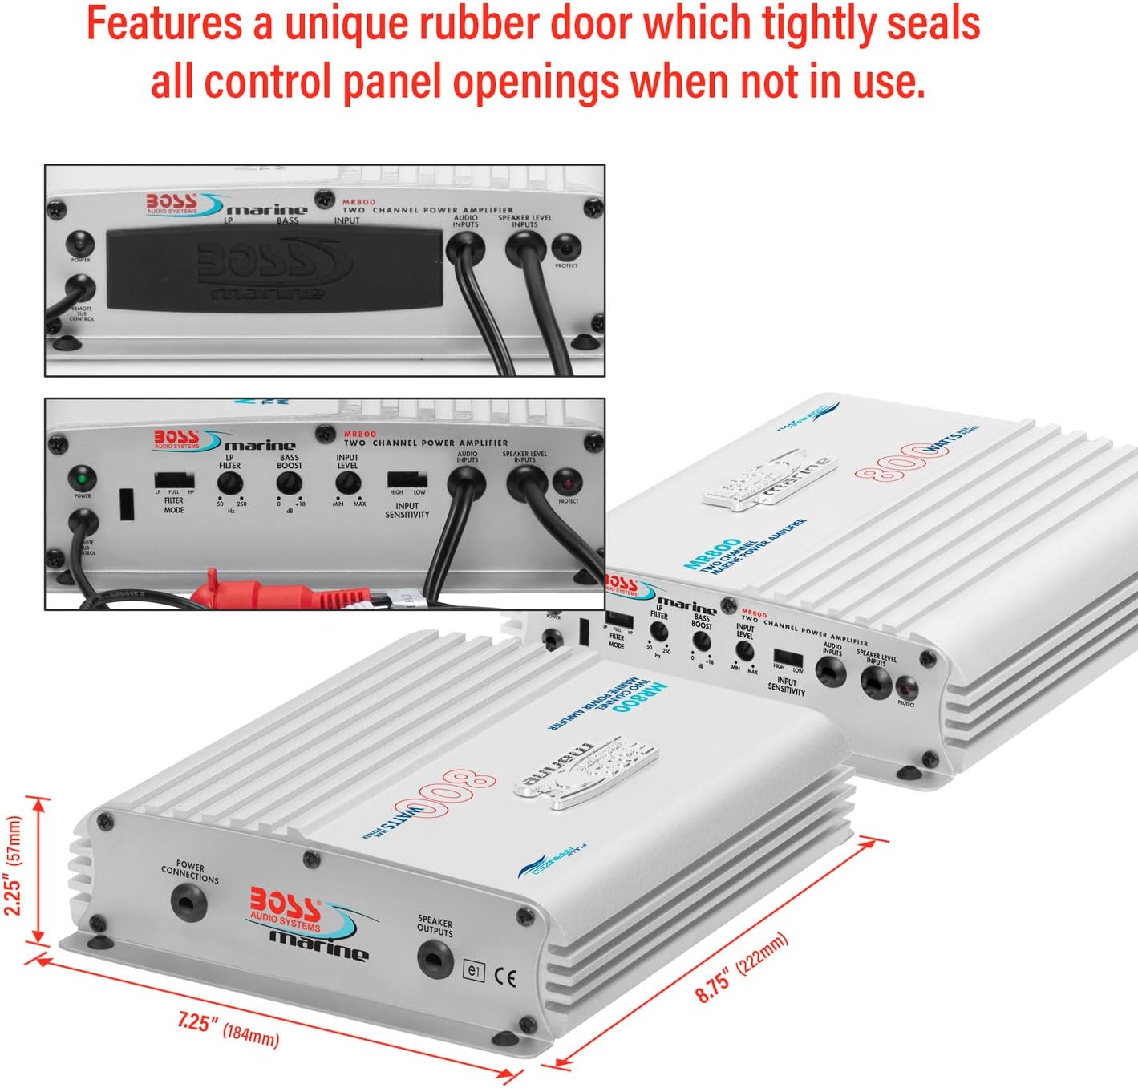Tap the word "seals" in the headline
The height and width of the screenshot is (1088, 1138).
930,24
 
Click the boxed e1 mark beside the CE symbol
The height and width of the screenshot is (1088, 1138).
474,971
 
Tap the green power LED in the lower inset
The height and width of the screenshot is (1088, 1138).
83,479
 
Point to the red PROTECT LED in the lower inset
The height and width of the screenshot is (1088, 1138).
568,483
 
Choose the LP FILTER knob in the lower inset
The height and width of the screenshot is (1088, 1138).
230,483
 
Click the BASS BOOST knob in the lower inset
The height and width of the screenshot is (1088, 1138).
289,483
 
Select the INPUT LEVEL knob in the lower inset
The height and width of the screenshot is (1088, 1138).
347,483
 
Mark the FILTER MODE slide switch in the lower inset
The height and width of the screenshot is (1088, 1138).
174,482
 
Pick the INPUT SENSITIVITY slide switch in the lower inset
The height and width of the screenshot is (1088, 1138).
407,481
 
